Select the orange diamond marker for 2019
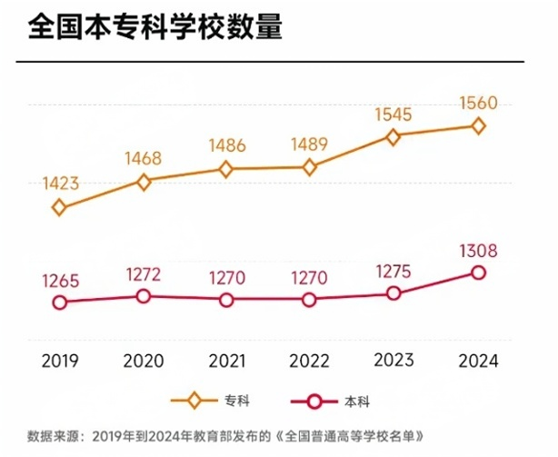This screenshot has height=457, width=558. [60, 207]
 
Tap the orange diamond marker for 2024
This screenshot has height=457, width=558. [478, 126]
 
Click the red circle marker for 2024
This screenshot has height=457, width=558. [478, 273]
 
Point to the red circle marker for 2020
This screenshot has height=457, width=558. [143, 296]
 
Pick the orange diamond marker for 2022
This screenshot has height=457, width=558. [310, 167]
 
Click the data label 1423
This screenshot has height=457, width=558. [60, 184]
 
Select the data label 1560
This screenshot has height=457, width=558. [478, 103]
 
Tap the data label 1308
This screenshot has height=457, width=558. [478, 251]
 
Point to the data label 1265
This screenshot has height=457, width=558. [60, 281]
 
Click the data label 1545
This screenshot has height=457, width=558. [394, 114]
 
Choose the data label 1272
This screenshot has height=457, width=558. [143, 274]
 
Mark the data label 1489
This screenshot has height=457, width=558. [310, 144]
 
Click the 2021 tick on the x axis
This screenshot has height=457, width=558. [226, 361]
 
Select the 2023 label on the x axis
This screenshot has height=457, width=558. [394, 361]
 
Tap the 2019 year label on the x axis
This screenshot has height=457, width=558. [60, 361]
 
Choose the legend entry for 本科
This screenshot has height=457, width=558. [320, 401]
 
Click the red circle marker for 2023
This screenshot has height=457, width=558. [394, 293]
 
